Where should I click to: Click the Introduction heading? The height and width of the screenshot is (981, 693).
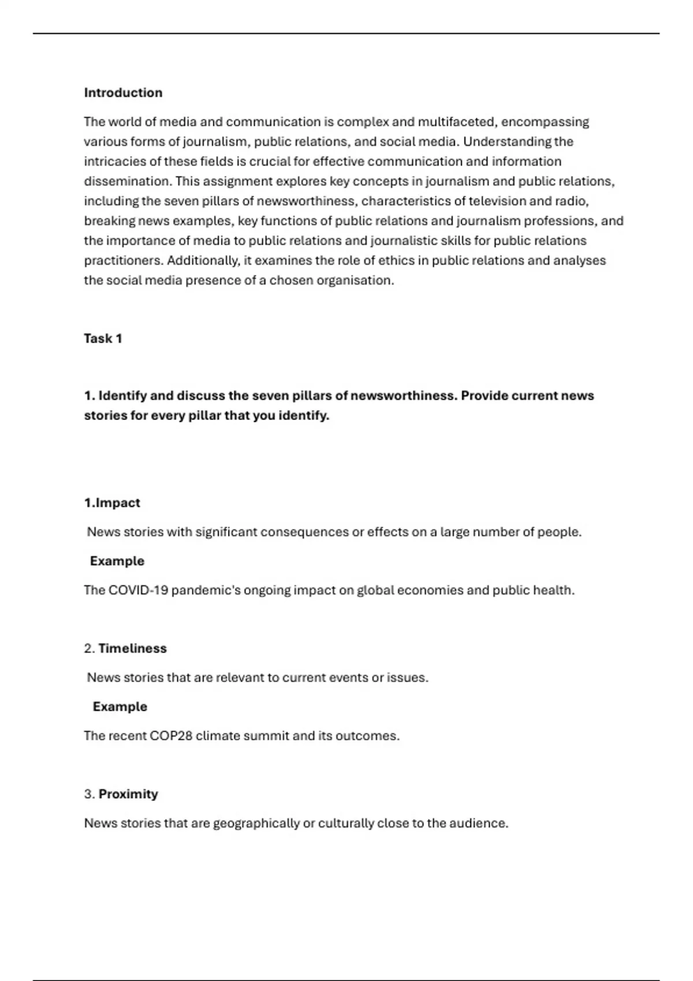click(x=123, y=93)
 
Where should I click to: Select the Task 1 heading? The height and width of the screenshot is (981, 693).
click(x=103, y=339)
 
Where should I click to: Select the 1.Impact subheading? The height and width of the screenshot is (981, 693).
click(x=112, y=503)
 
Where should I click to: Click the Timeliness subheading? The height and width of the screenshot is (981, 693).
click(x=132, y=649)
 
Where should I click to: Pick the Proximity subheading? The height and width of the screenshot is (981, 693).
click(x=128, y=794)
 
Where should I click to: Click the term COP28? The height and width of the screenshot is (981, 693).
click(x=171, y=736)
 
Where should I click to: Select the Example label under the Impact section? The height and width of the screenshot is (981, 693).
click(x=117, y=561)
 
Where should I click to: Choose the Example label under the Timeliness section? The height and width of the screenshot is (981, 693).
click(x=120, y=707)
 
